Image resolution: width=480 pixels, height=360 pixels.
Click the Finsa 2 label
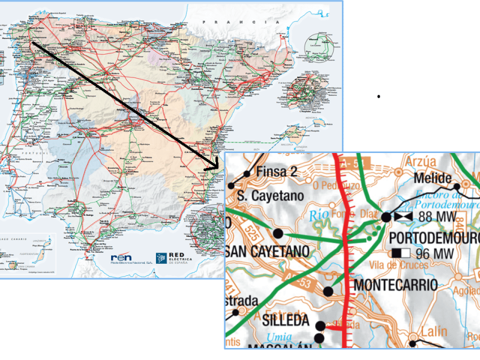tap(277, 172)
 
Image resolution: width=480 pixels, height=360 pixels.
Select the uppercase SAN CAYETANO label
tap(270, 251)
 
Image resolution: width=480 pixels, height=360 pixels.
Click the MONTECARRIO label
tap(396, 285)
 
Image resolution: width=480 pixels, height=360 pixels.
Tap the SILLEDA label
tap(286, 321)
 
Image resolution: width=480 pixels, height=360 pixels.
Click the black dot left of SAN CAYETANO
tap(277, 233)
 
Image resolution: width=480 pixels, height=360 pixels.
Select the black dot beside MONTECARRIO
tap(328, 292)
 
